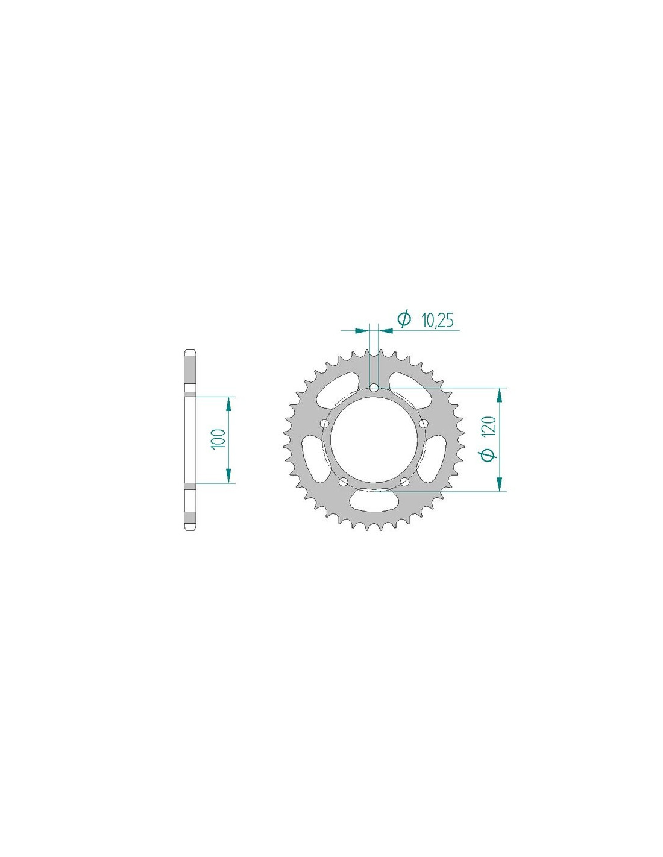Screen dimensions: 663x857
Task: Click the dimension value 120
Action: [x=490, y=425]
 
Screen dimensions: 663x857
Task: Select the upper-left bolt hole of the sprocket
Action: [x=325, y=424]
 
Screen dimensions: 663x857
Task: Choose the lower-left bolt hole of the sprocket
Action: [x=344, y=482]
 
